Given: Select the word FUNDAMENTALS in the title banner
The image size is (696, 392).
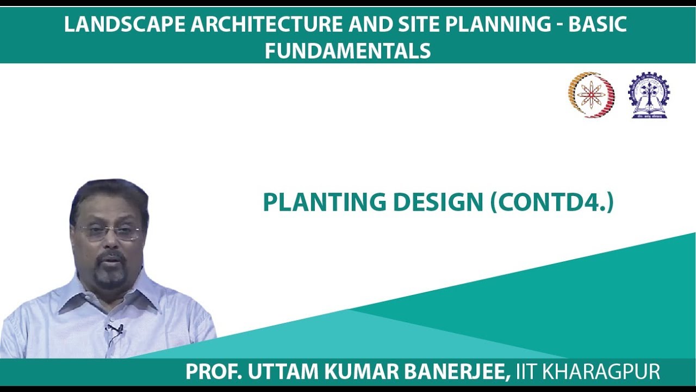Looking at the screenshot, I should click(x=348, y=51).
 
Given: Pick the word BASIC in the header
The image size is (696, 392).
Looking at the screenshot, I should click(x=598, y=24).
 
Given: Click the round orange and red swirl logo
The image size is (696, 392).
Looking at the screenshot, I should click(x=592, y=95).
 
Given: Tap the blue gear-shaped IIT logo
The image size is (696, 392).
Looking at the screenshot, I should click(x=649, y=95).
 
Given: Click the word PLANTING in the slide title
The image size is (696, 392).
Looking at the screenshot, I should click(x=324, y=203).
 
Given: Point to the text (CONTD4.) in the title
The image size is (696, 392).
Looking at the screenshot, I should click(x=552, y=203).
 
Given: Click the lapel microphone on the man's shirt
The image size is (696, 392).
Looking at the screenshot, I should click(x=115, y=329).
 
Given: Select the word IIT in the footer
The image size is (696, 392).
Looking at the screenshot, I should click(x=527, y=372).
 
